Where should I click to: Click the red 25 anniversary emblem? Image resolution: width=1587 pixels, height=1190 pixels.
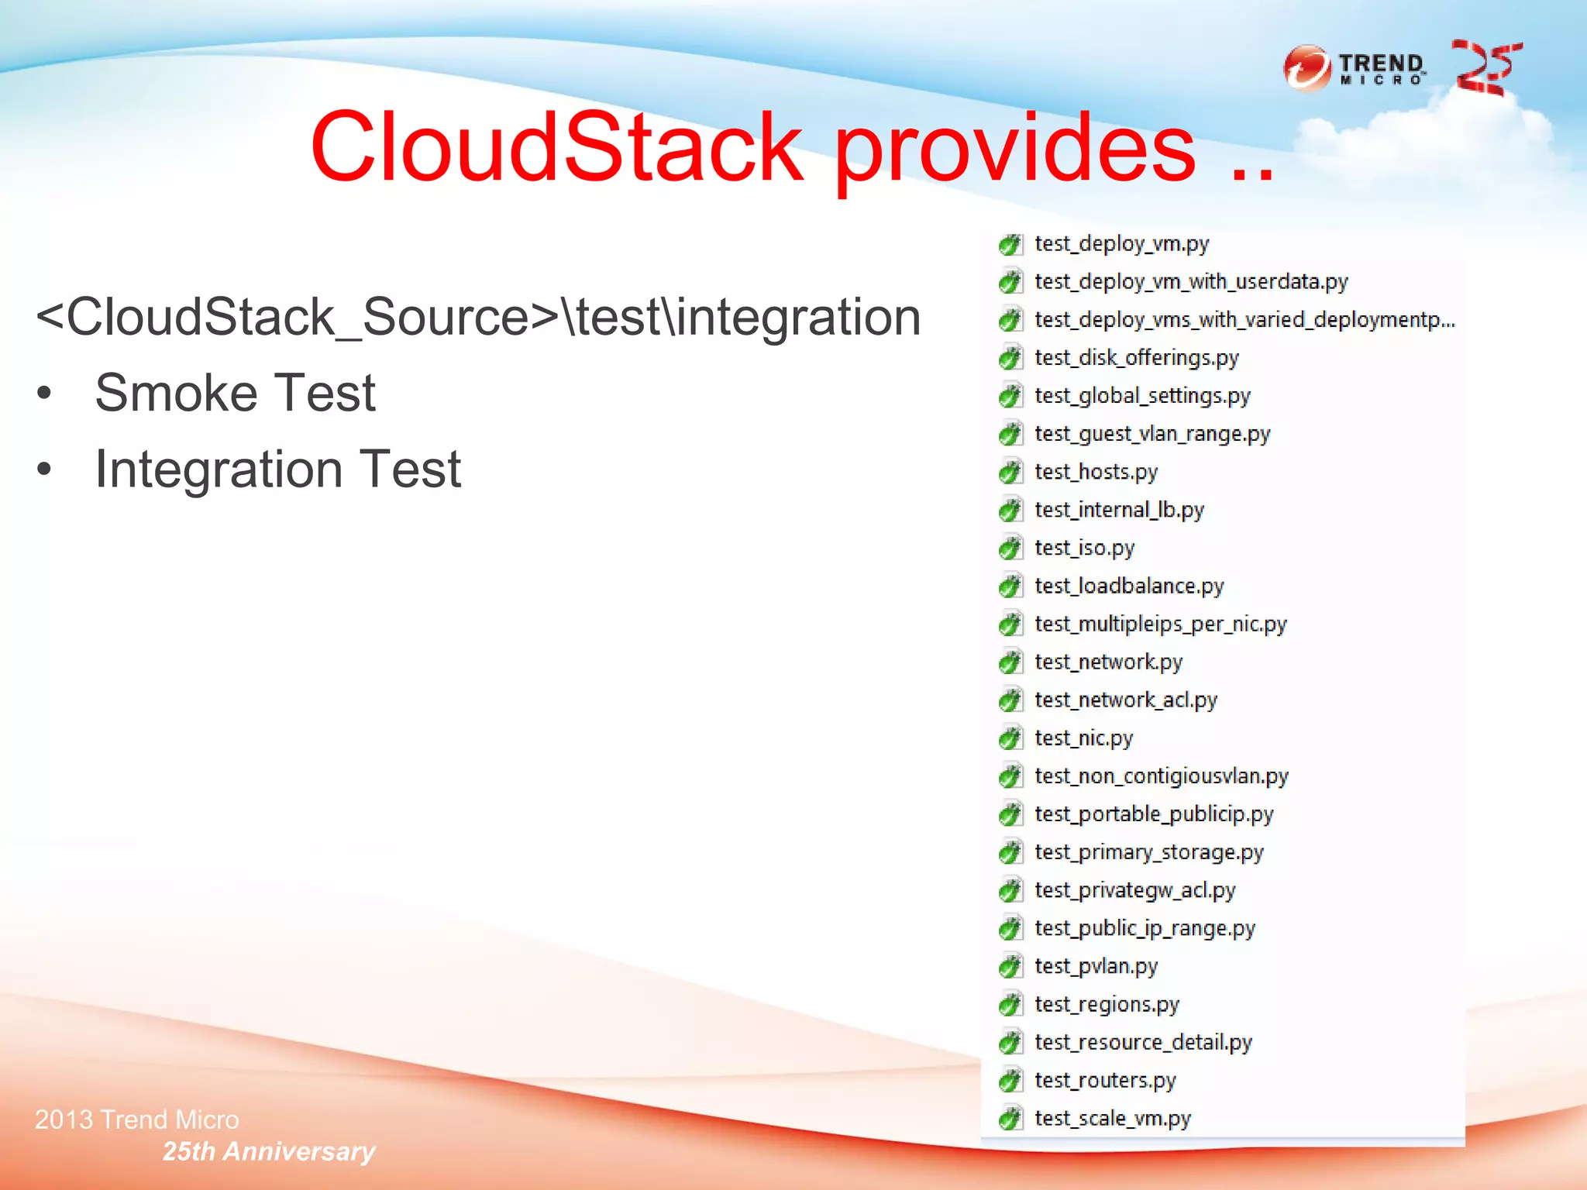click(1487, 68)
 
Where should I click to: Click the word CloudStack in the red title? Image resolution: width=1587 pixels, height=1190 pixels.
click(556, 147)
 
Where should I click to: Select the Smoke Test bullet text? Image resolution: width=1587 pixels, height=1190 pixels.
click(235, 393)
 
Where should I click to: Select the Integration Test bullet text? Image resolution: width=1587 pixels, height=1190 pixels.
click(277, 469)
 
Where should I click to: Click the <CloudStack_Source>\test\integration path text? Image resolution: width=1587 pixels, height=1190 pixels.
click(478, 317)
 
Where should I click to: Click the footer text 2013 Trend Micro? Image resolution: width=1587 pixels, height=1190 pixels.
click(137, 1119)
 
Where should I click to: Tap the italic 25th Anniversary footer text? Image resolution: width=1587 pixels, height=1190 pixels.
click(268, 1151)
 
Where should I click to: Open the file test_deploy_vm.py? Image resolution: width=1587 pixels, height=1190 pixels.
click(1121, 244)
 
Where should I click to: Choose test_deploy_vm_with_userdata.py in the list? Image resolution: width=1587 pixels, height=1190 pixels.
click(1191, 282)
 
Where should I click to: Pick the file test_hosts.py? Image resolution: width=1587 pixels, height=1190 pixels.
click(1096, 472)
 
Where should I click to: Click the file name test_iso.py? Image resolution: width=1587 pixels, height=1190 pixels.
click(1084, 548)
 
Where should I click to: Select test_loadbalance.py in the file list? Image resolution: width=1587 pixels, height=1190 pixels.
click(1129, 586)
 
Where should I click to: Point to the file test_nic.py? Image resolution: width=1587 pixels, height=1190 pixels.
click(1083, 738)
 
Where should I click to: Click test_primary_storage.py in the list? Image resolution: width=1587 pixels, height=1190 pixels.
click(1148, 852)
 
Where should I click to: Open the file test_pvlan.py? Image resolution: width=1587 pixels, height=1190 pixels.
click(1096, 966)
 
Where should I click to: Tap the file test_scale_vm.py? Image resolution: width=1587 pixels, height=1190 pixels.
click(1112, 1118)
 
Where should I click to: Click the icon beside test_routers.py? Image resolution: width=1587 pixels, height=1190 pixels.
click(1010, 1080)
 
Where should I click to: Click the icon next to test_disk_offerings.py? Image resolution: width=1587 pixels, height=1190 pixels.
click(1010, 358)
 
